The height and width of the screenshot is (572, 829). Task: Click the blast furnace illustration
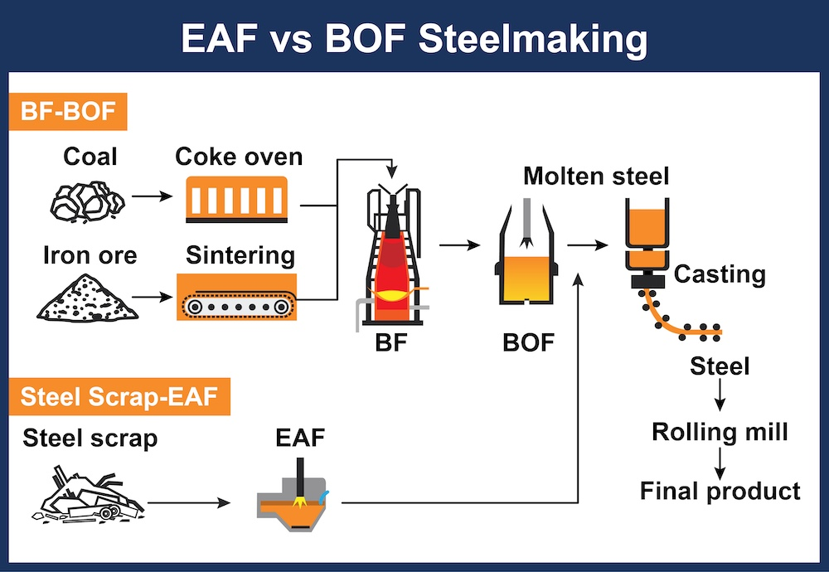(392, 257)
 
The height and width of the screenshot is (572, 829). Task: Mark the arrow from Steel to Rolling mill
(720, 395)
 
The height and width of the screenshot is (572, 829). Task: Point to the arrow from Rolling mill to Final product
(720, 460)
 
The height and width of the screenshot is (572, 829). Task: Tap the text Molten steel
(595, 175)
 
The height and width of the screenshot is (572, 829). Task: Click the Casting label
(719, 274)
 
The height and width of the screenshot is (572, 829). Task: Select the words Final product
(720, 491)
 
